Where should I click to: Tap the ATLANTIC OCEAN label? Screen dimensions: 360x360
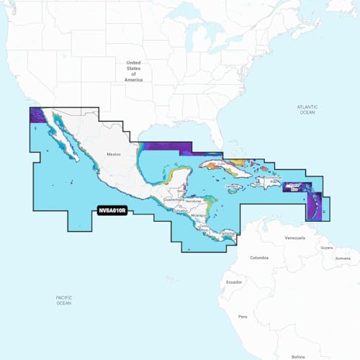[x=307, y=109]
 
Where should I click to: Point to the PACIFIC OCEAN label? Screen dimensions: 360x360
[x=63, y=300]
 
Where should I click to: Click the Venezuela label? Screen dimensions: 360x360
[x=294, y=237]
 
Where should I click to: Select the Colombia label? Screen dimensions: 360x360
[x=258, y=257]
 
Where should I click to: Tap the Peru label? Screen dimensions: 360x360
[x=243, y=316]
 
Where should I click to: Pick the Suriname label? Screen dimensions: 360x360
[x=343, y=258]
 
